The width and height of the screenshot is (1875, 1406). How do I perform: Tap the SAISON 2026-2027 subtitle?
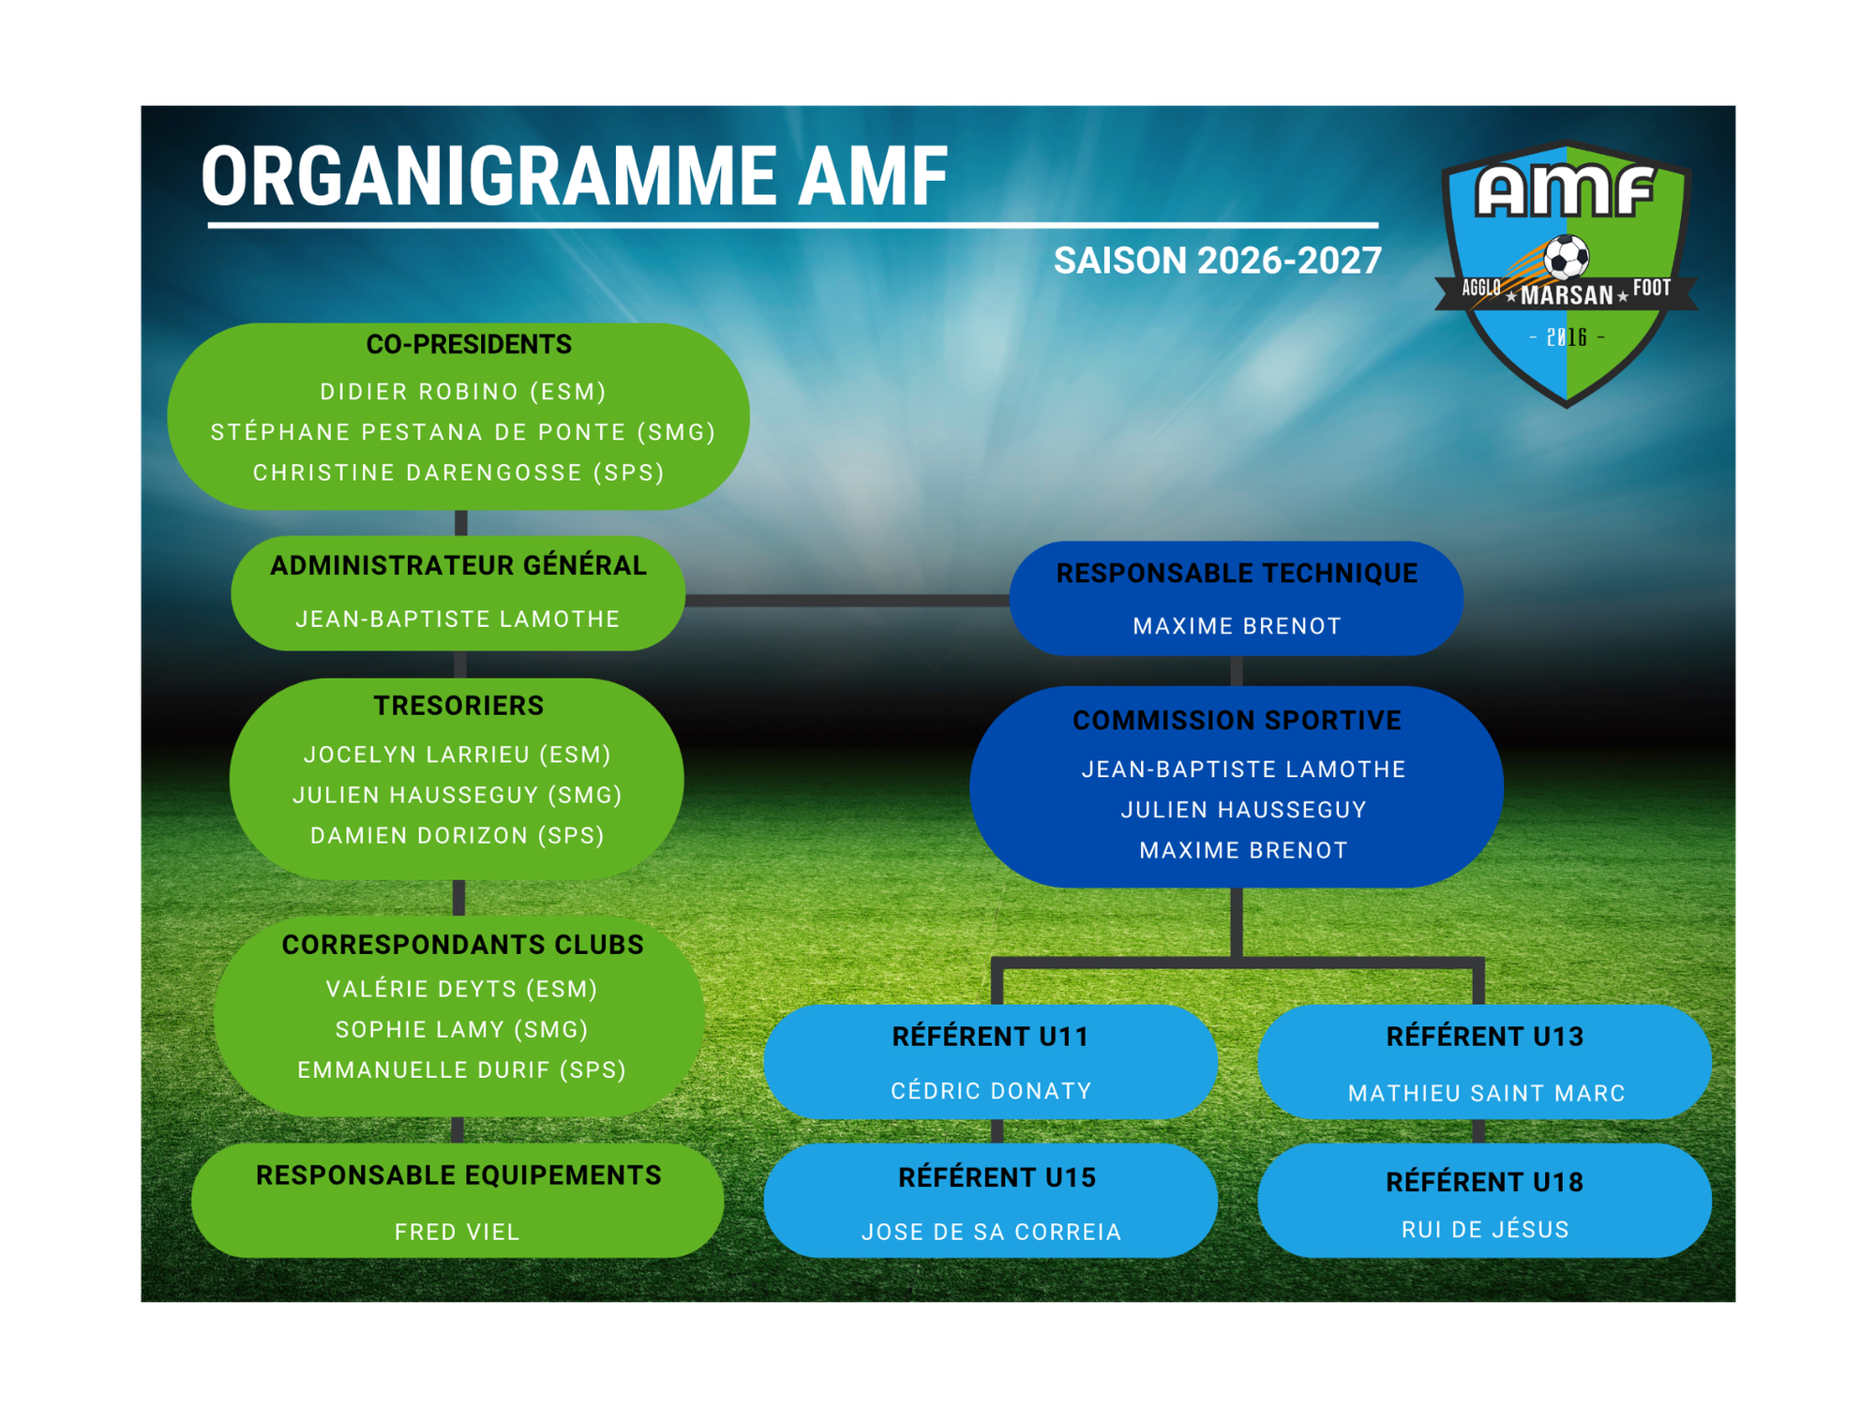click(x=1217, y=261)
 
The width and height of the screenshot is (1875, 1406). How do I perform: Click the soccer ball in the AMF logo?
click(x=1567, y=256)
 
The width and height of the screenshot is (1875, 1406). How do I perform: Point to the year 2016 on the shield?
click(x=1567, y=337)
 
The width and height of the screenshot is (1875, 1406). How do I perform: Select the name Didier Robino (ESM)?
click(x=463, y=392)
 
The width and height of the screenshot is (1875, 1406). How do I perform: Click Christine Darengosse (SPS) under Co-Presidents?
click(x=458, y=472)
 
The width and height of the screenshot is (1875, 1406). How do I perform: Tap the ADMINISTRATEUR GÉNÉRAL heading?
click(x=458, y=565)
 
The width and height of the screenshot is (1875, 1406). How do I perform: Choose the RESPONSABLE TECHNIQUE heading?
click(x=1237, y=573)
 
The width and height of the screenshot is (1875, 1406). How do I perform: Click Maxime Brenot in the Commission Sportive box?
click(x=1243, y=850)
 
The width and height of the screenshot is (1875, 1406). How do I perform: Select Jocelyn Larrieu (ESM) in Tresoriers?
click(x=457, y=755)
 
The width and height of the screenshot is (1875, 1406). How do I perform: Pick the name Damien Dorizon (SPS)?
click(x=457, y=835)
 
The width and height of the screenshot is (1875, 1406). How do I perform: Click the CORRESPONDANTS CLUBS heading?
click(x=463, y=945)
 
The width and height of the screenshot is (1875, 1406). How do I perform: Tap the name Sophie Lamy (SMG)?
click(x=462, y=1029)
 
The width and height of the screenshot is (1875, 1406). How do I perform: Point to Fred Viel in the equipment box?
click(x=457, y=1232)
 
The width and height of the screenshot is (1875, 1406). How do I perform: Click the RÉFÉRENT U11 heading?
click(x=990, y=1037)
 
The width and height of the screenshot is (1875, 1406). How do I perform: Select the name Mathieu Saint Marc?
click(x=1486, y=1093)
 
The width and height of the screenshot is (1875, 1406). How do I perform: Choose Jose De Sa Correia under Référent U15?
click(x=992, y=1232)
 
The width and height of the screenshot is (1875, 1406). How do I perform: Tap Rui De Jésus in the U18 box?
click(x=1485, y=1229)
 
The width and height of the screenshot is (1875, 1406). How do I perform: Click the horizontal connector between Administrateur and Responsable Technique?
click(x=847, y=600)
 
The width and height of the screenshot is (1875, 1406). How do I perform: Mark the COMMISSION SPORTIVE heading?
click(x=1237, y=720)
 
